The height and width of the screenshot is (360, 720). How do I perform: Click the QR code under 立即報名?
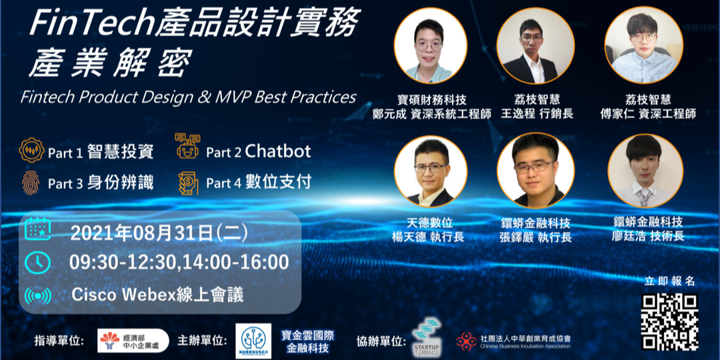tap(669, 321)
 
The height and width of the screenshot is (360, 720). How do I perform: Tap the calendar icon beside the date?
tap(38, 231)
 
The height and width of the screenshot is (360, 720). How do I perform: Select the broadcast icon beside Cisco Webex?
tap(37, 295)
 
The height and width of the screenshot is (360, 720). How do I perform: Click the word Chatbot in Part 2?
tap(278, 151)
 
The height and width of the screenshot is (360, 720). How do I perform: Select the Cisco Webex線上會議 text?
tap(157, 294)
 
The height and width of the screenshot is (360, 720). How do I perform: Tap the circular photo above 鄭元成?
tap(430, 45)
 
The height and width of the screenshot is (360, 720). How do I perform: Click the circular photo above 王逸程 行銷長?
tap(535, 45)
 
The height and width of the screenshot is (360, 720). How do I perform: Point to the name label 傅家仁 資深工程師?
tap(646, 114)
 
